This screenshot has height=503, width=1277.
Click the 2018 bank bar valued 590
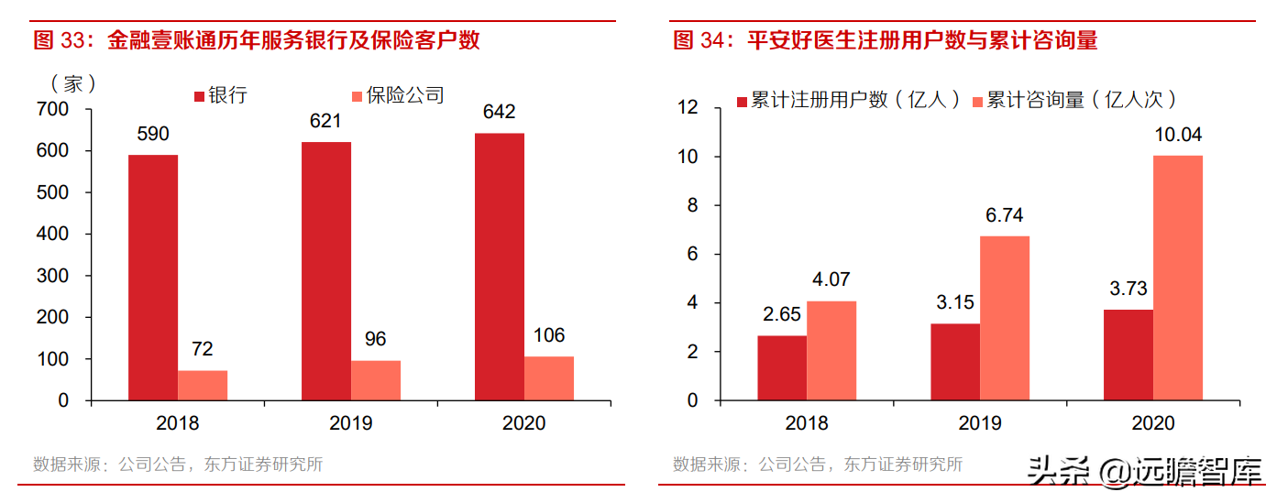click(x=152, y=278)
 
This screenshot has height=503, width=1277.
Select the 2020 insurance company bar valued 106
click(x=549, y=378)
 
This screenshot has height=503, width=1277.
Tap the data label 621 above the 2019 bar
click(x=325, y=121)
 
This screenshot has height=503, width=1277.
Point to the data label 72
click(x=202, y=349)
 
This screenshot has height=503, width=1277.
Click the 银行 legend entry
click(x=220, y=95)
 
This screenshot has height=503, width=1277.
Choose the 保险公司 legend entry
click(x=397, y=95)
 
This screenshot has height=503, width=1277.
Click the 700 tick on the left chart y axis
click(x=51, y=109)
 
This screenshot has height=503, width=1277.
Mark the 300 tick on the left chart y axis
click(x=51, y=276)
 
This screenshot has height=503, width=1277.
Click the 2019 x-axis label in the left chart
click(x=351, y=423)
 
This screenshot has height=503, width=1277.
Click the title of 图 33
click(x=257, y=40)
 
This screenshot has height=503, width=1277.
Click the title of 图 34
click(x=885, y=40)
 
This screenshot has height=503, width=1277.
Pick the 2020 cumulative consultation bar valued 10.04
click(x=1178, y=278)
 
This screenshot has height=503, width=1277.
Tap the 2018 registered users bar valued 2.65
click(x=782, y=367)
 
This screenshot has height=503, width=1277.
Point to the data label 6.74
click(x=1005, y=215)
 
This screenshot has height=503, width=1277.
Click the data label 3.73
click(x=1128, y=289)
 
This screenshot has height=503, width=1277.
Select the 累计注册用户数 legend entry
click(x=848, y=100)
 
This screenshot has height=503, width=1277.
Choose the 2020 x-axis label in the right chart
click(x=1153, y=423)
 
